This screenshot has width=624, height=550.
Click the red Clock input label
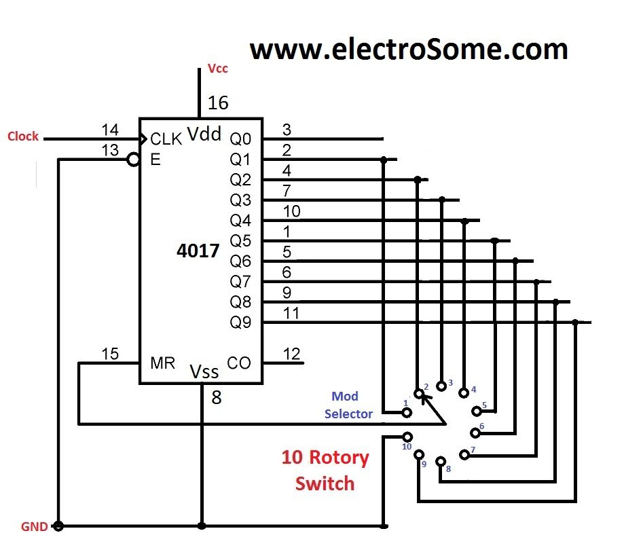click(x=23, y=136)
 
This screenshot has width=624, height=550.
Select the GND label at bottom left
click(x=33, y=526)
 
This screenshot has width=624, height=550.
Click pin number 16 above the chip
click(x=218, y=103)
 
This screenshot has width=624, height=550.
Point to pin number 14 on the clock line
click(x=109, y=130)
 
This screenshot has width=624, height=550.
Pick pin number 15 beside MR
click(x=109, y=354)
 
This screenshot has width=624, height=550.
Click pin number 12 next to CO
click(x=291, y=354)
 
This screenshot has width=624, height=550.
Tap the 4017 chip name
click(x=198, y=251)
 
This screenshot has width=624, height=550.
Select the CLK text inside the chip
click(x=166, y=139)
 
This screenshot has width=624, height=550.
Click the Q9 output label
click(x=240, y=323)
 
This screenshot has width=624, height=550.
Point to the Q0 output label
click(x=240, y=139)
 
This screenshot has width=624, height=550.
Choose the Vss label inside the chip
click(x=204, y=371)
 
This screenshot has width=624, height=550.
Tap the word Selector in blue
click(x=348, y=414)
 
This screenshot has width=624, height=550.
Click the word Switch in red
click(x=325, y=483)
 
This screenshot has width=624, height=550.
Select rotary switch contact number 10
click(x=407, y=437)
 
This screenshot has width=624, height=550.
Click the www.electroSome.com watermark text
click(x=409, y=50)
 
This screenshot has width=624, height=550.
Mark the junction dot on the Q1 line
click(x=384, y=160)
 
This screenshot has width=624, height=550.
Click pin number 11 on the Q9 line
click(x=291, y=314)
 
